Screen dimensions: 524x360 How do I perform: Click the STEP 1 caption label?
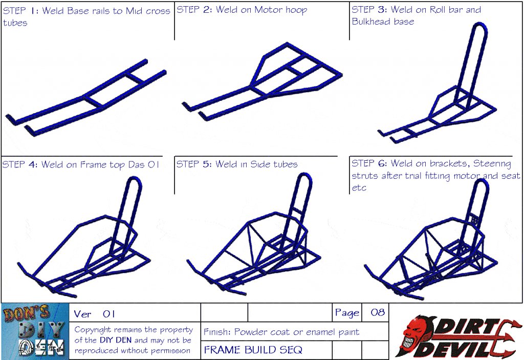click(20, 11)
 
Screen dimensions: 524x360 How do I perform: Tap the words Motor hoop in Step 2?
click(281, 10)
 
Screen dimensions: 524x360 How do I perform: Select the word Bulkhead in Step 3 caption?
click(372, 22)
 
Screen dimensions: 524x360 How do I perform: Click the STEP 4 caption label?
click(20, 164)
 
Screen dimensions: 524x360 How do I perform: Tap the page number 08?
click(378, 312)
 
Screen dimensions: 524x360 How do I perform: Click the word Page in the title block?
click(347, 313)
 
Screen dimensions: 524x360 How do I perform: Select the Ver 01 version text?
click(95, 314)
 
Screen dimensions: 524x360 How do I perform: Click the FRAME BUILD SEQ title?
click(253, 350)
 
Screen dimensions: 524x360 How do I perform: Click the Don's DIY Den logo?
click(35, 331)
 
